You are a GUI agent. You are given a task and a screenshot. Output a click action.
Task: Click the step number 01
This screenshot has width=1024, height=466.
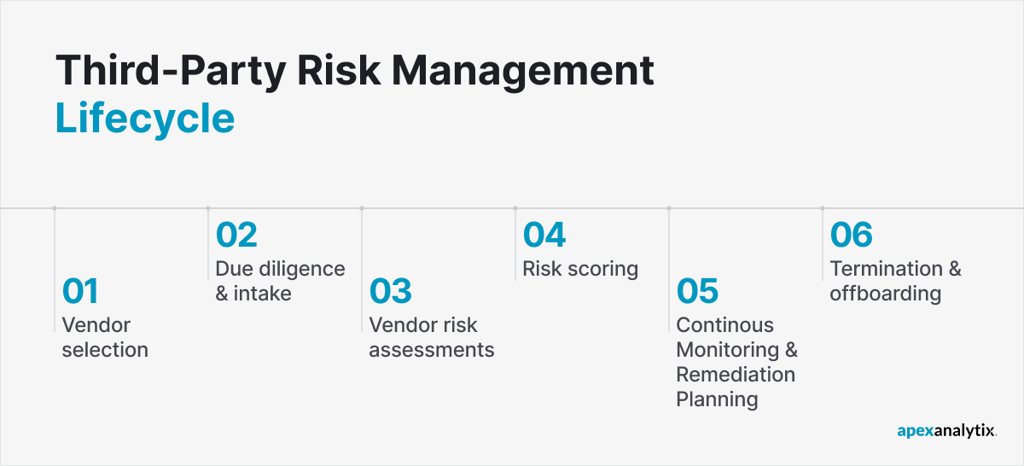point(80,292)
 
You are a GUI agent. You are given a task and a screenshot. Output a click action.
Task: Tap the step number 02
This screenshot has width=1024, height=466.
point(236,236)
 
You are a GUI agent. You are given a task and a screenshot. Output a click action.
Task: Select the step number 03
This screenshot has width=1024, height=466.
point(390,292)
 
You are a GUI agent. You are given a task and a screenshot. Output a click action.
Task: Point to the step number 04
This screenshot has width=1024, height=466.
point(544,236)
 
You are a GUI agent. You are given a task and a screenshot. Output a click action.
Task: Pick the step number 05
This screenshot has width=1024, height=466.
point(697,292)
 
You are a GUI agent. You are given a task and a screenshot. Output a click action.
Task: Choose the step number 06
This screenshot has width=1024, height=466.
point(852,236)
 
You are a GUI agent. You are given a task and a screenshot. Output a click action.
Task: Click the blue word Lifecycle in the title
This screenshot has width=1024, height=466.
point(144,118)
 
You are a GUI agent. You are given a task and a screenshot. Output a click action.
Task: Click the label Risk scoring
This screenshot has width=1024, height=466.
point(580,269)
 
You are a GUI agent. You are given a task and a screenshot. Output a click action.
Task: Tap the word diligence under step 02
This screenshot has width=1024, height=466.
point(301,269)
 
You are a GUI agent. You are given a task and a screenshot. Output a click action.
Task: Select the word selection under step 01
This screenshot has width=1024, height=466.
point(105,350)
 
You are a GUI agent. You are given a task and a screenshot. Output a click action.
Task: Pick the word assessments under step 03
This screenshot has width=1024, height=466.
point(431,350)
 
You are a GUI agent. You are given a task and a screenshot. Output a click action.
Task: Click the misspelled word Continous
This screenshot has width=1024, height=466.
point(724,325)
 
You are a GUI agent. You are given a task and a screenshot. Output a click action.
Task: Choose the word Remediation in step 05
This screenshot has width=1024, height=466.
point(735,375)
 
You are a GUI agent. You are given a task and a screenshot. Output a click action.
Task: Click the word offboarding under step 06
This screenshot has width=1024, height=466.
point(885,294)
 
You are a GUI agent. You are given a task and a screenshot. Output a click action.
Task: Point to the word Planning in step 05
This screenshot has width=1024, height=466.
point(717,399)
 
